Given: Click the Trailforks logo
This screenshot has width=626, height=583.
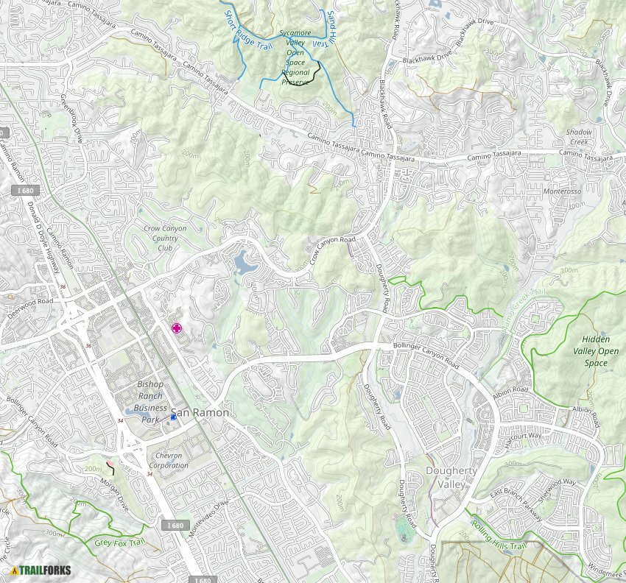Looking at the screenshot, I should [38, 569].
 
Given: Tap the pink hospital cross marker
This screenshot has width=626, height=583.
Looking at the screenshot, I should [177, 328].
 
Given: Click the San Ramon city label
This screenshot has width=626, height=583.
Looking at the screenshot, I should [200, 413].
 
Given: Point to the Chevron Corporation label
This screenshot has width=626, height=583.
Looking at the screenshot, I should [169, 461].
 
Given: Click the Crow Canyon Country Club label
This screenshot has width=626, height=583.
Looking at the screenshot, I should [165, 238].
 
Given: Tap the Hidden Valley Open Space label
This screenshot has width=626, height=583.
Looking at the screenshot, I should [600, 351].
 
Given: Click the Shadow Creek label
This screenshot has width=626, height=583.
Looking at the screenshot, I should [578, 136].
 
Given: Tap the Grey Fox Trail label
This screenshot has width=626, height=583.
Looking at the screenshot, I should [116, 543].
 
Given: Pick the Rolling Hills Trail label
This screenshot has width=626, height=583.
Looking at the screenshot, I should [499, 541].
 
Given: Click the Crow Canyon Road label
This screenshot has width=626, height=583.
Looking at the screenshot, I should [332, 250].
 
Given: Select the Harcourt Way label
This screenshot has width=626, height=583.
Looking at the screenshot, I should [524, 434].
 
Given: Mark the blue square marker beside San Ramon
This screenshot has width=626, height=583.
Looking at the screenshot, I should [174, 417].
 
